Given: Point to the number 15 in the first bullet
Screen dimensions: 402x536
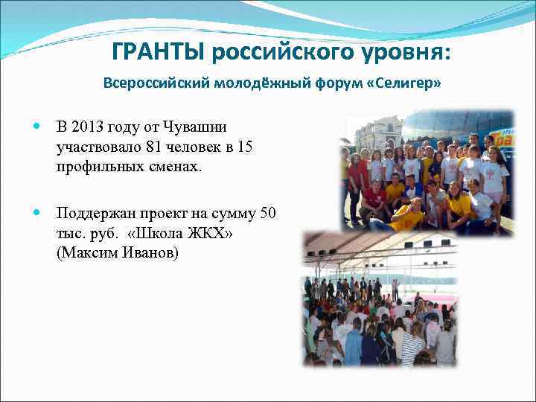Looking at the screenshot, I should pos(243,147).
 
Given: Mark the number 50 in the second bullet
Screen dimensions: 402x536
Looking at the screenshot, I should pos(269,214).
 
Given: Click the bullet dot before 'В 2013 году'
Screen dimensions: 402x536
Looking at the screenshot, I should pos(37,128).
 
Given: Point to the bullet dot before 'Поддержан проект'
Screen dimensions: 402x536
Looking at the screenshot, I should pos(37,214).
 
